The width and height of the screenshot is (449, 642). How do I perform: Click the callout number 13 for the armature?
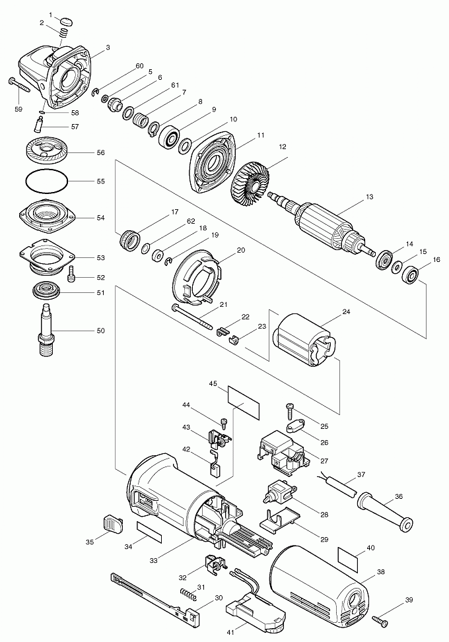[370, 197]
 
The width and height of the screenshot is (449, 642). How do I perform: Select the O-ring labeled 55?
[46, 180]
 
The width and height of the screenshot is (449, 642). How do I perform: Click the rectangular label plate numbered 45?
[244, 395]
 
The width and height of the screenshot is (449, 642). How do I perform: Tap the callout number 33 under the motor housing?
[154, 560]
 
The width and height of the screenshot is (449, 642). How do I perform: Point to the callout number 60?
[139, 66]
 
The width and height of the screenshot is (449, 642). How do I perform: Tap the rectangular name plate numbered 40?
[349, 556]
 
